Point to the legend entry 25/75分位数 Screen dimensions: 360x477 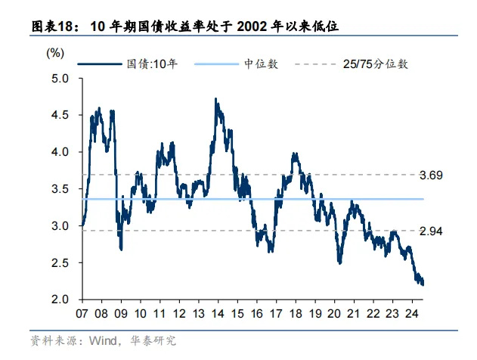pyautogui.click(x=376, y=64)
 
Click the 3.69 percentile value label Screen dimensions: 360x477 pyautogui.click(x=431, y=175)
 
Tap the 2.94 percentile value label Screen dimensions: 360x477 pyautogui.click(x=431, y=230)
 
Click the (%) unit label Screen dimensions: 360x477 pyautogui.click(x=55, y=53)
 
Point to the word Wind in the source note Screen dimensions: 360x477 pyautogui.click(x=104, y=341)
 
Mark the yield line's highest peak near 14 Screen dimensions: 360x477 pyautogui.click(x=216, y=99)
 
